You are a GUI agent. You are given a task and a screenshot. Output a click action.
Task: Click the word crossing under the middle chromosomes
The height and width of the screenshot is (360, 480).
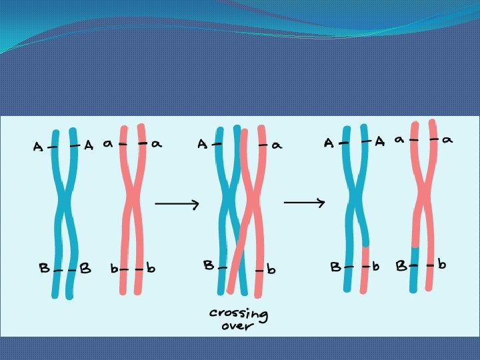[x=238, y=313]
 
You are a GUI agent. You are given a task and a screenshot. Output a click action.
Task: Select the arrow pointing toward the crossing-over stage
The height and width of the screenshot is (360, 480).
[x=177, y=204]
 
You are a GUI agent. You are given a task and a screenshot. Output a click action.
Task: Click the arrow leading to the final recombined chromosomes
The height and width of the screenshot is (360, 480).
[x=305, y=201]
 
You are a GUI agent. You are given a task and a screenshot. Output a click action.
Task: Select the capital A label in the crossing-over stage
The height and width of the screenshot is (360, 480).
[x=202, y=144]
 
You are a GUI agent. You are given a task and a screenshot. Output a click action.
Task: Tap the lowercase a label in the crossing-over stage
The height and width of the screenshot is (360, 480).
[x=276, y=145]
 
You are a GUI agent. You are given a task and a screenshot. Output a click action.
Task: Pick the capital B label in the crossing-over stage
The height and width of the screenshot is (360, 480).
[x=209, y=265]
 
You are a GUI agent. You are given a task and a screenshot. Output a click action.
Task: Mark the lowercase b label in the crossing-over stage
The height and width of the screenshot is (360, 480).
[x=271, y=270]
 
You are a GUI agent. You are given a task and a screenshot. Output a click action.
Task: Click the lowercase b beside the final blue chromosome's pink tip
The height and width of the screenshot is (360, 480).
[x=376, y=267]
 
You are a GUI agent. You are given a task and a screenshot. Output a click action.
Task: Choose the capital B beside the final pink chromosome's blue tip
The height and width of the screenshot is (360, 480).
[x=401, y=266]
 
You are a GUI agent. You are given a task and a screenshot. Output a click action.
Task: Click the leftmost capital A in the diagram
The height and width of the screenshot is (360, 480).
[x=39, y=147]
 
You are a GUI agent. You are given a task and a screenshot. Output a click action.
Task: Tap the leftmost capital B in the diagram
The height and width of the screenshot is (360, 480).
[x=44, y=269]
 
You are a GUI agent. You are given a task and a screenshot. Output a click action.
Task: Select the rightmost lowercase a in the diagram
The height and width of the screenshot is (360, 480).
[x=448, y=140]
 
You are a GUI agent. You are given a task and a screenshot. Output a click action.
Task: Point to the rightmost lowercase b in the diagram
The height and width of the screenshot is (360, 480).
[x=442, y=265]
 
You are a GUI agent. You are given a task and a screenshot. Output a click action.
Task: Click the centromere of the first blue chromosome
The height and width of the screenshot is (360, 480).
[x=64, y=200]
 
